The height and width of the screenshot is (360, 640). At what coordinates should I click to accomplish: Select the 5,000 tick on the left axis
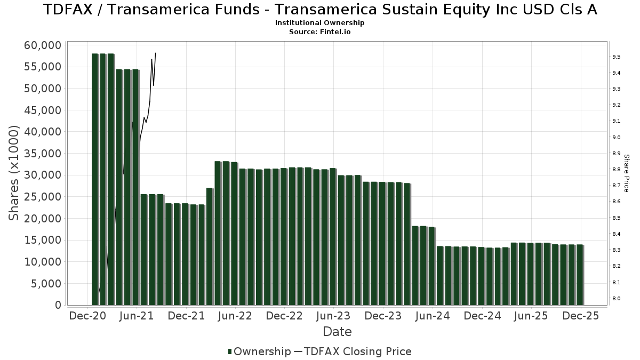tap(46, 284)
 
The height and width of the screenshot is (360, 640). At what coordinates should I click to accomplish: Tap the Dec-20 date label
tap(87, 316)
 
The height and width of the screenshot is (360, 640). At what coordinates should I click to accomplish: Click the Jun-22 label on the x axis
tap(235, 316)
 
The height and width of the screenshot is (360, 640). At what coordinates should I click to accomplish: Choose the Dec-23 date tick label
tap(383, 316)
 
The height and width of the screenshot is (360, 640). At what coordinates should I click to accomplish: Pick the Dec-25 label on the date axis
tap(580, 316)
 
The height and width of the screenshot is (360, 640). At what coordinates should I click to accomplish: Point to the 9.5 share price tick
tap(615, 57)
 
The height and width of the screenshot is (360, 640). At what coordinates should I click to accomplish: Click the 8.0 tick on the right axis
tap(615, 298)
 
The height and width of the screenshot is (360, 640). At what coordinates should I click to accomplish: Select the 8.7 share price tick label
tap(615, 186)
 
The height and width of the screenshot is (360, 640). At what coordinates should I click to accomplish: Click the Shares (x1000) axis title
tap(14, 173)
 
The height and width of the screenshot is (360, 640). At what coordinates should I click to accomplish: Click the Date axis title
tap(337, 332)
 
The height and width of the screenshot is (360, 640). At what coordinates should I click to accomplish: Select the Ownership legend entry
tap(259, 351)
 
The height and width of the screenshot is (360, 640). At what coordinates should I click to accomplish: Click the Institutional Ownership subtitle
tap(319, 23)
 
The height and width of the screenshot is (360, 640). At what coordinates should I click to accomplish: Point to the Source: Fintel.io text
tap(319, 32)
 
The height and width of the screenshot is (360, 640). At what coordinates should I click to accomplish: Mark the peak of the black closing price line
tap(155, 53)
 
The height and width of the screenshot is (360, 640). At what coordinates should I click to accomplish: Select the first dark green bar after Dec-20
tap(95, 179)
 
